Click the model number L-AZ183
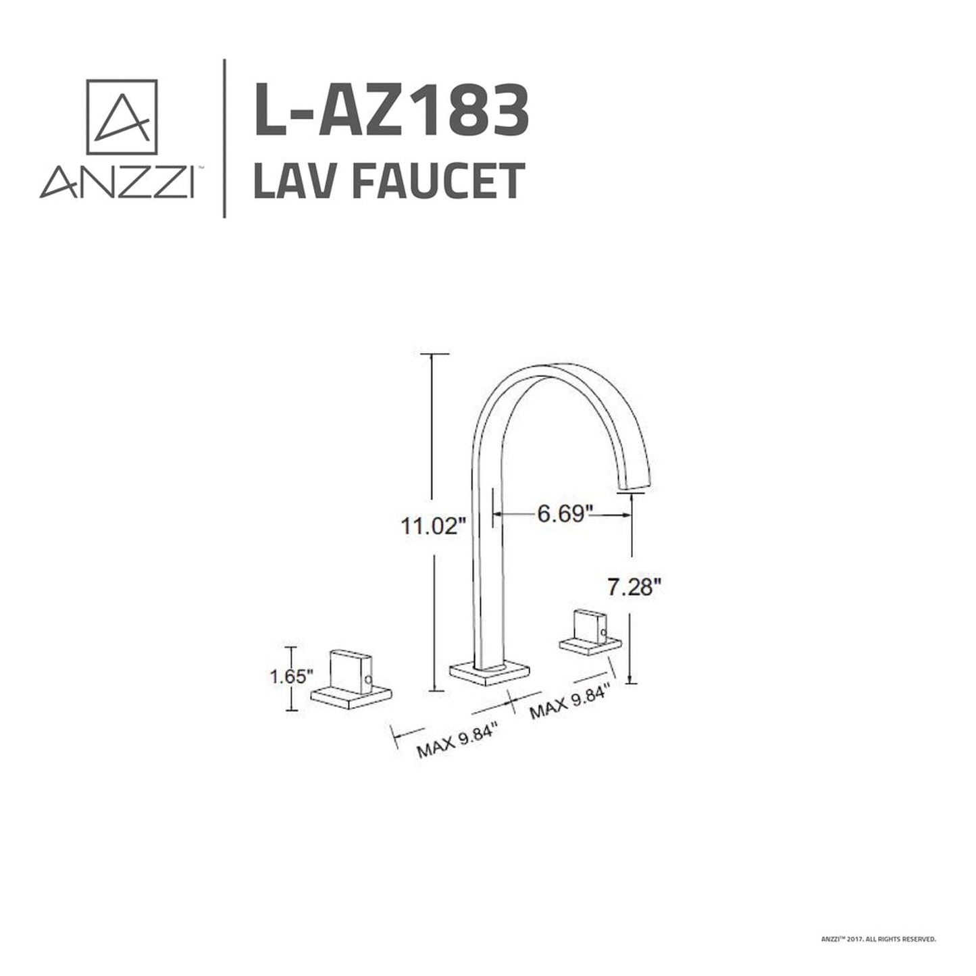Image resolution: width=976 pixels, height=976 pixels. click(x=391, y=109)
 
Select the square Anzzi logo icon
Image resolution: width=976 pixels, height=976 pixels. click(x=122, y=117)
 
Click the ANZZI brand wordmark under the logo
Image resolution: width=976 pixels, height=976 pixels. click(x=117, y=182)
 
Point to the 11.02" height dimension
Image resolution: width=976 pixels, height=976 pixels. click(x=433, y=525)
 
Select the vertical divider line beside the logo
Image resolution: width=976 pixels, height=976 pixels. click(x=224, y=138)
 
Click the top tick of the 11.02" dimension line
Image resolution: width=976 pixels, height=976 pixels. click(x=434, y=353)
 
